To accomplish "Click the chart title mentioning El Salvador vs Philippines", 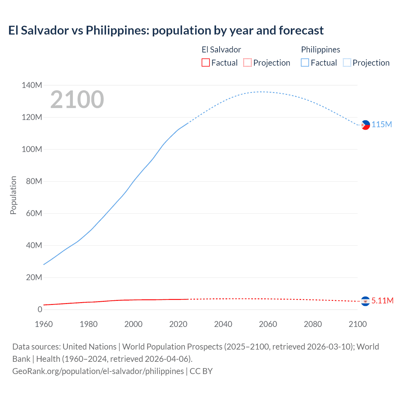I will (166, 30).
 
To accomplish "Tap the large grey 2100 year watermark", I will (77, 100).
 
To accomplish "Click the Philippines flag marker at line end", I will (365, 125).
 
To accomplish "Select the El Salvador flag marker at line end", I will (365, 301).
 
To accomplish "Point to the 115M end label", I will (382, 125).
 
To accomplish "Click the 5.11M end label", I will (382, 301).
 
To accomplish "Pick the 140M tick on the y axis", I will (32, 85).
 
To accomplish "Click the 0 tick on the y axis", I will (40, 309).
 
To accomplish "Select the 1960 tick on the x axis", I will (44, 324).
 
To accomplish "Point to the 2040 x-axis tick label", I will (223, 324).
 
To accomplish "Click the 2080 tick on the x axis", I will (313, 324).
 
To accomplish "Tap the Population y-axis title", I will (13, 195).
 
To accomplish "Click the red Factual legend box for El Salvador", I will (205, 62).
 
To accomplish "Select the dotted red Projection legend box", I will (247, 62).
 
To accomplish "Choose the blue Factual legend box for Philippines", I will (305, 62).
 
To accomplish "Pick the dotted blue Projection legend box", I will (347, 62).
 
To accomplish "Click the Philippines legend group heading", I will (320, 50).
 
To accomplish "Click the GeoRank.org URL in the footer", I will (98, 371).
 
